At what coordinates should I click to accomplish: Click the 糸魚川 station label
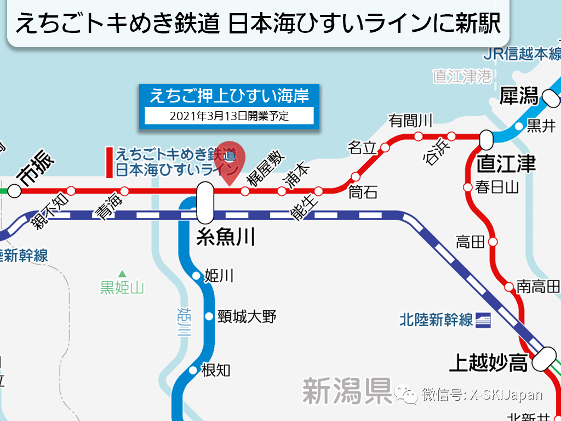(225, 237)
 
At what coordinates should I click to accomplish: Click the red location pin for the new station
(230, 159)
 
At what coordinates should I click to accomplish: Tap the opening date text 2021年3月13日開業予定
(229, 116)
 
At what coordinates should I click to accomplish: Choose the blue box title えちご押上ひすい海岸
(229, 96)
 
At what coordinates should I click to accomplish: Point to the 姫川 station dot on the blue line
(196, 276)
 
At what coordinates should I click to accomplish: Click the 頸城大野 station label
(247, 316)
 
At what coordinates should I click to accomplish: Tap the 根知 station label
(215, 371)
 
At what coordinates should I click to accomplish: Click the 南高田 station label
(538, 286)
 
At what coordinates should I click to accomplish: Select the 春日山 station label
(497, 187)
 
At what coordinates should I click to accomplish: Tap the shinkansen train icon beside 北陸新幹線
(484, 319)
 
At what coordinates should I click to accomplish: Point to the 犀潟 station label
(519, 97)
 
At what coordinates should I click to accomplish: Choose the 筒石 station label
(363, 192)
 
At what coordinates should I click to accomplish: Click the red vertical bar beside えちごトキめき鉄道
(110, 162)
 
